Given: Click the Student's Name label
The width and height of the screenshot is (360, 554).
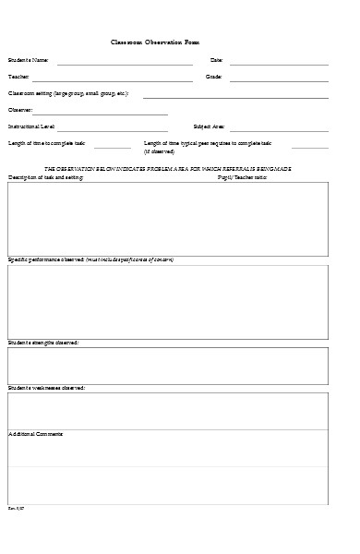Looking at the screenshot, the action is coord(29,60).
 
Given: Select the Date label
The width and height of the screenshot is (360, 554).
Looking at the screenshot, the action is coord(217,60).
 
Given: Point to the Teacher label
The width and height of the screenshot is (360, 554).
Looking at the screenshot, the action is coord(18,77).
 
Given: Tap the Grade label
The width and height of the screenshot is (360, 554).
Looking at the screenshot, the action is coord(213,77).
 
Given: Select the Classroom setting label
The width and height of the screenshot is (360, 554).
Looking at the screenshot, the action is coord(68,93).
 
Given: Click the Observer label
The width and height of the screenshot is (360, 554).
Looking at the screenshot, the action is coord(20,109).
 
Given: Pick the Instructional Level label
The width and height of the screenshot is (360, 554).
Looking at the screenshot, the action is coord(31,126).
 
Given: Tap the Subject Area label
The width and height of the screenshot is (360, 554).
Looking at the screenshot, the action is coord(209,126).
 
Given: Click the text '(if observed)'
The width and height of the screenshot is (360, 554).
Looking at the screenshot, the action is coord(159,151).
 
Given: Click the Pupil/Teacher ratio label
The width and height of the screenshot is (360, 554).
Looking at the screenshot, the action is coord(242,176).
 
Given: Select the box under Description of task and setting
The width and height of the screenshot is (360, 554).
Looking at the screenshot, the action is coord(168,218).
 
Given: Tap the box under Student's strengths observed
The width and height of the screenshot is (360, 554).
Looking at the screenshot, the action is coord(168,366).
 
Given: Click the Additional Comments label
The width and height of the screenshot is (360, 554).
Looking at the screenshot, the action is coord(36,434).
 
